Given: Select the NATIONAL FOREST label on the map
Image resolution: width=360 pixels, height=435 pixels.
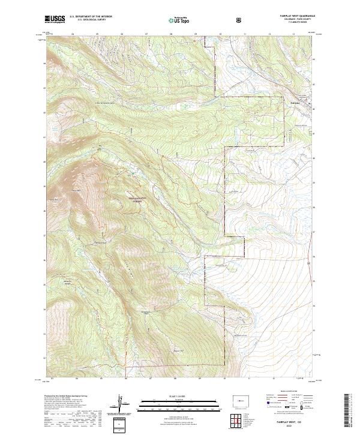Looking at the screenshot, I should click(x=136, y=200).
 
